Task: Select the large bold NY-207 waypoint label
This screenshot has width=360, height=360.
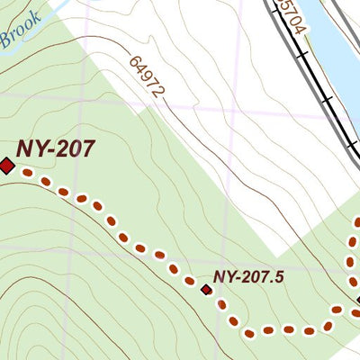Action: click(55, 148)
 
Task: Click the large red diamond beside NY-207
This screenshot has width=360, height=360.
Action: click(7, 166)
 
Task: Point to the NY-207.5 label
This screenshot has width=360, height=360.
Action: click(248, 277)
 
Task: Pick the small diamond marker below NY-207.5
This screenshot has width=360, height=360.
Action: click(206, 290)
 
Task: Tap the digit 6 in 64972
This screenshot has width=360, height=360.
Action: click(136, 62)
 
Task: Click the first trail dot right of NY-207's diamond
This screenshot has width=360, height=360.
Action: click(27, 172)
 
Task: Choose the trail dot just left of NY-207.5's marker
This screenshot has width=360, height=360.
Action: click(190, 282)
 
